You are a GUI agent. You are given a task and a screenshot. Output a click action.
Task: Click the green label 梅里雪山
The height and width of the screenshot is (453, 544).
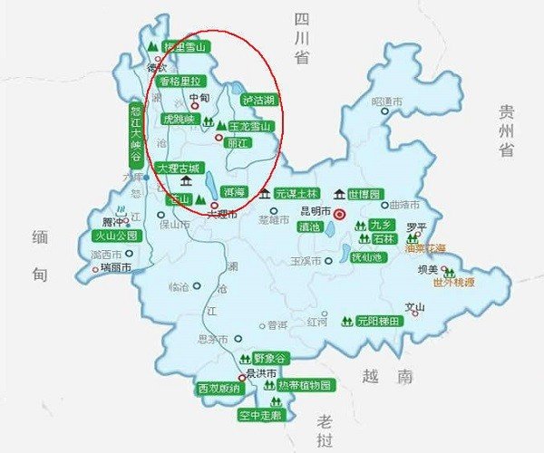click(x=185, y=47)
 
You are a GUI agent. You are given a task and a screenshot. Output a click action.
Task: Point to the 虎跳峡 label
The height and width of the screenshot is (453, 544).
click(x=179, y=119)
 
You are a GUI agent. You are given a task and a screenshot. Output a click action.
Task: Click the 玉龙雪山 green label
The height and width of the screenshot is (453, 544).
click(x=250, y=126)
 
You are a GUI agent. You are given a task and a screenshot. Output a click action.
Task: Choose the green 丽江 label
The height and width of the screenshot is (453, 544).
click(x=238, y=142)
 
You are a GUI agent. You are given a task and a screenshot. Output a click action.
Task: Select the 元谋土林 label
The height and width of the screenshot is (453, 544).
click(x=298, y=194)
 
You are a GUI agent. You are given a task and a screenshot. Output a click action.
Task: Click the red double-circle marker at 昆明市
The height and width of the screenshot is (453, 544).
click(x=340, y=214)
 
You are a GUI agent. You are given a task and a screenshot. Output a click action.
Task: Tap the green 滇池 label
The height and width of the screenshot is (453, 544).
click(x=310, y=226)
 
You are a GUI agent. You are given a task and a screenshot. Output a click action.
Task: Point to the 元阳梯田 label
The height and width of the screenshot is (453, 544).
click(x=377, y=320)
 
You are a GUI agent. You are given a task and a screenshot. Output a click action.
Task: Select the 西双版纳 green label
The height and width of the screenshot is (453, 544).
click(x=219, y=389)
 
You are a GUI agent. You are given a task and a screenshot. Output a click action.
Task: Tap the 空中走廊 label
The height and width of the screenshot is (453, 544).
click(x=260, y=415)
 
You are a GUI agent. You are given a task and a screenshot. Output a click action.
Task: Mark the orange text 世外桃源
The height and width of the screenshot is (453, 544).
click(x=454, y=283)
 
